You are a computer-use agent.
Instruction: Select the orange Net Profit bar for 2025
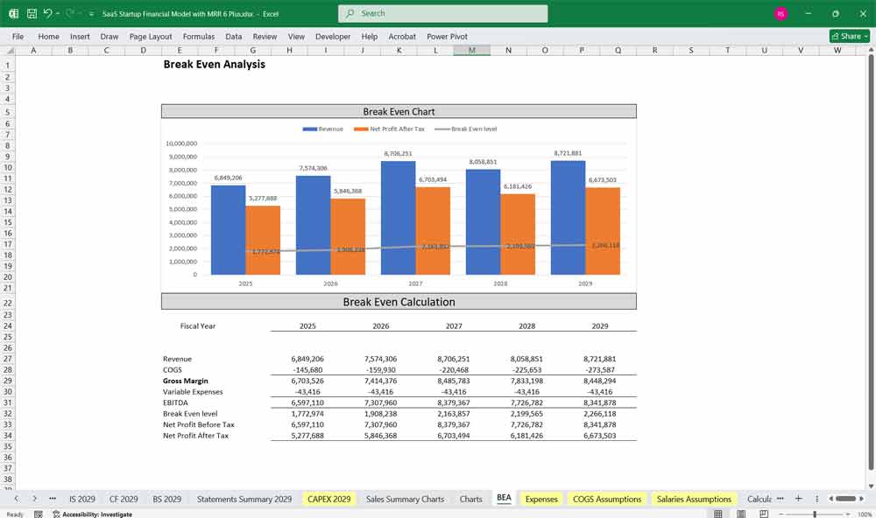click(263, 241)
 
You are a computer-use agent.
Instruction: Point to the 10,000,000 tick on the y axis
click(181, 143)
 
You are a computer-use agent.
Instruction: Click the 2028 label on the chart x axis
click(500, 284)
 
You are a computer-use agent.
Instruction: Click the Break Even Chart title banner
click(399, 111)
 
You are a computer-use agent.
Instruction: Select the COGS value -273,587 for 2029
click(599, 370)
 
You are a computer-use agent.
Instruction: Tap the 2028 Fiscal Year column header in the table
click(527, 325)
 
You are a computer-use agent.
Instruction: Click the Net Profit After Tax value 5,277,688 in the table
click(307, 435)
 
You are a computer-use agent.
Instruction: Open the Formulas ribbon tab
click(199, 37)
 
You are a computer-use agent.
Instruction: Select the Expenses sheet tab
click(540, 499)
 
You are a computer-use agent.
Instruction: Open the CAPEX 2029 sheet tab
click(328, 499)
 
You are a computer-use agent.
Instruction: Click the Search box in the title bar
click(442, 13)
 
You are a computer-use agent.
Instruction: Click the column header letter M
click(472, 50)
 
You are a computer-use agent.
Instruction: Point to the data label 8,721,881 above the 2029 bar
click(568, 153)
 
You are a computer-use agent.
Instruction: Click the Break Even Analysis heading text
click(214, 64)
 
